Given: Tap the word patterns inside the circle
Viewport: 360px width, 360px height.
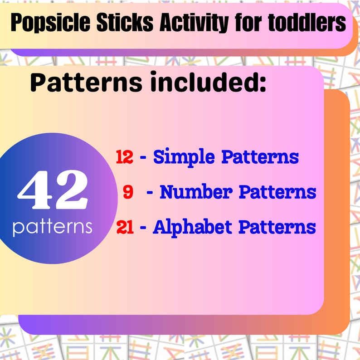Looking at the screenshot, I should pos(53,227).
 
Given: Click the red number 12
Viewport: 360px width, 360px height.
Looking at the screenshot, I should pos(124,157).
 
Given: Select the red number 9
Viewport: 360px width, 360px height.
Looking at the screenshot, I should pos(128,192).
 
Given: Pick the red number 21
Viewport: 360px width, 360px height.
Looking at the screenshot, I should pos(125,227).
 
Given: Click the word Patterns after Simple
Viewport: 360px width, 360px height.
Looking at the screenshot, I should pos(260,157).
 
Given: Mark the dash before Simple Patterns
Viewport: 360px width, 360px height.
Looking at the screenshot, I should pos(143,158).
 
